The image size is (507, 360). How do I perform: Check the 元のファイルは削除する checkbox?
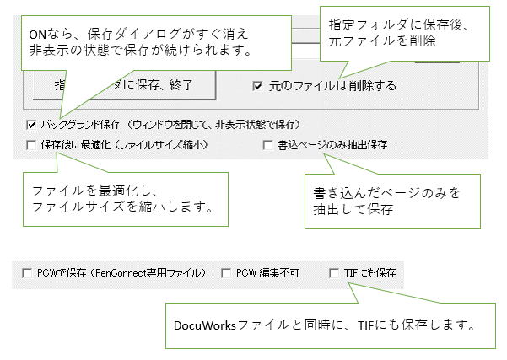click(258, 85)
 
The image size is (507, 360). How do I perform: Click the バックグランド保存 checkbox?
click(31, 124)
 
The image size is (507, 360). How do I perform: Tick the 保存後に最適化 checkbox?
click(31, 145)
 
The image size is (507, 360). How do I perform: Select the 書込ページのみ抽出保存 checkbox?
click(267, 145)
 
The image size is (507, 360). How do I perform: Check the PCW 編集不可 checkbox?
click(226, 273)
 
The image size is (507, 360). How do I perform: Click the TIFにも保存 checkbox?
click(335, 273)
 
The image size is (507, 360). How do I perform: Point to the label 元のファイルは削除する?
click(332, 85)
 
